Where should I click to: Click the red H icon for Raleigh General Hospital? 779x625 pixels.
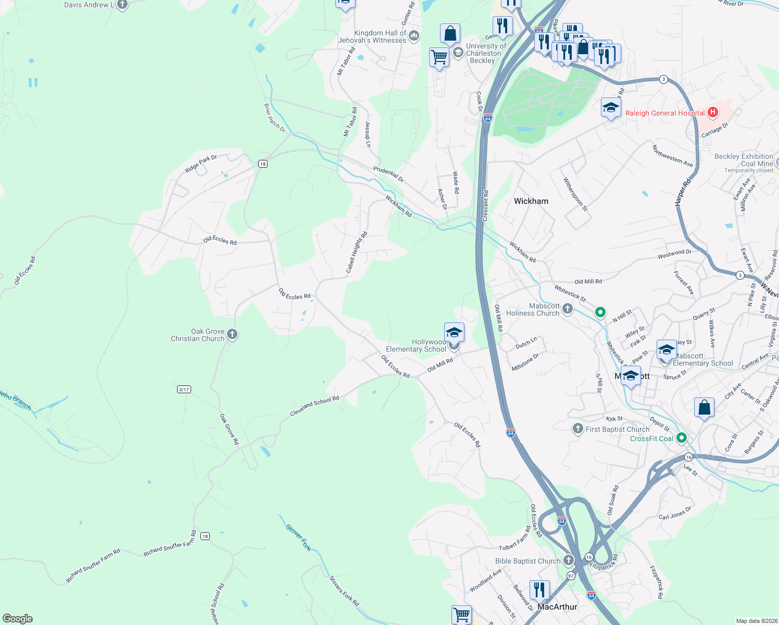(713, 113)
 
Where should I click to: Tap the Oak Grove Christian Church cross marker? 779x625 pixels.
(232, 334)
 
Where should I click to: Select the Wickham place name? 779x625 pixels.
(531, 201)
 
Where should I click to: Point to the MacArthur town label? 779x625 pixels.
(557, 607)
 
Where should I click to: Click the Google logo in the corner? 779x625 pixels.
(17, 618)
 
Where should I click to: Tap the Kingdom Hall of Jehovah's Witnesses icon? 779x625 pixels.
(414, 36)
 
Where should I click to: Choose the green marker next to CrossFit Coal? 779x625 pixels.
(681, 439)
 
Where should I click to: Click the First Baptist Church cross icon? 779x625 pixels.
(577, 429)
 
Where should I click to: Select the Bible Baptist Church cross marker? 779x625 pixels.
(568, 560)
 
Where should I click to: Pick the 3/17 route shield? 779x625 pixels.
(184, 389)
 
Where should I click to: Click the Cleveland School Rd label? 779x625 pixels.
(315, 406)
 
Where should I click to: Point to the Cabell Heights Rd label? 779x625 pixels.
(357, 253)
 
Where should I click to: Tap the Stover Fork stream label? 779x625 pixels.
(298, 537)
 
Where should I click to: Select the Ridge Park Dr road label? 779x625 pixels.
(200, 164)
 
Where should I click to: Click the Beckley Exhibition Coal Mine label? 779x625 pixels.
(744, 160)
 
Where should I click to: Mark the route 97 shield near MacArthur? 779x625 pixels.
(571, 576)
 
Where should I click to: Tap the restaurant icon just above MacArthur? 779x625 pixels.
(539, 590)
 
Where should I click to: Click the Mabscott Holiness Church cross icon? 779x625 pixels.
(568, 309)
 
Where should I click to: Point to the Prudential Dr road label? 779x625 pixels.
(388, 174)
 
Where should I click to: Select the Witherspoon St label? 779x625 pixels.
(575, 194)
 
